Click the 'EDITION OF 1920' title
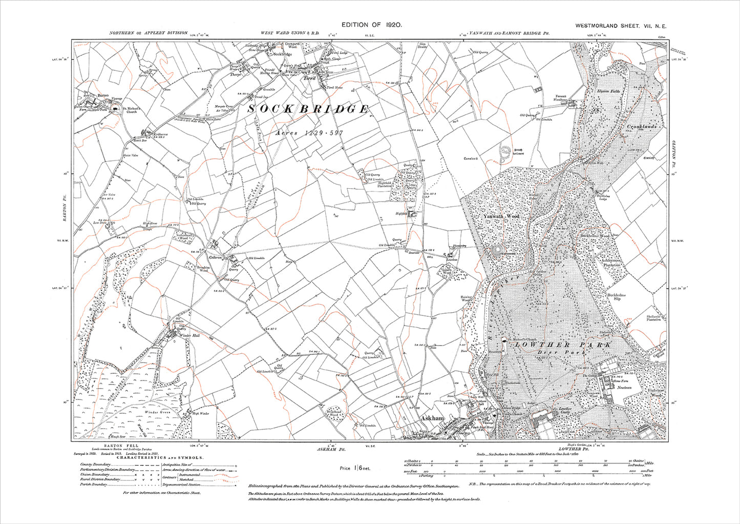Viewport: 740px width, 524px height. point(370,25)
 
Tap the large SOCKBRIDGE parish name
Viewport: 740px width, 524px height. point(308,109)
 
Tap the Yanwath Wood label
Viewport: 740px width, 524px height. point(501,217)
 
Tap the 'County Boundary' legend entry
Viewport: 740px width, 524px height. point(93,463)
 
